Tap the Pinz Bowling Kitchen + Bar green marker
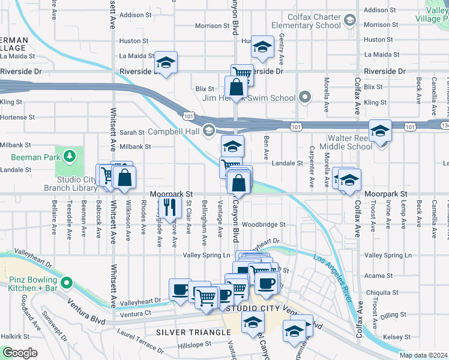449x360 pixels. pos(66,281)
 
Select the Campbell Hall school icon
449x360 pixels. pos(209,130)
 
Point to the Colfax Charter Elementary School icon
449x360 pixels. pos(349,22)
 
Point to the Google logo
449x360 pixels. pos(19,353)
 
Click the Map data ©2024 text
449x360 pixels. pos(424,355)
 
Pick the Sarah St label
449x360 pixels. pos(132,132)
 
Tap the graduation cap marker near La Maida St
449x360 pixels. pos(166,62)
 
